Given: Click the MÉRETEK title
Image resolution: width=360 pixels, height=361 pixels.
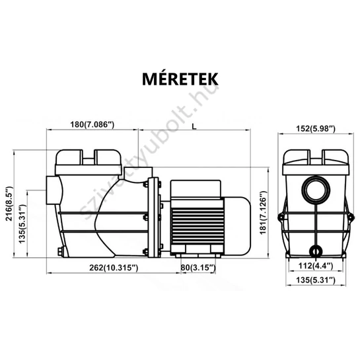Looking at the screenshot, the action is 180,79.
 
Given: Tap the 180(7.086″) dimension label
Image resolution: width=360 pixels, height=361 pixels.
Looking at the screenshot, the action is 92,124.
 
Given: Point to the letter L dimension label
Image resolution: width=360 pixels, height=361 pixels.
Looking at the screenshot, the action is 194,126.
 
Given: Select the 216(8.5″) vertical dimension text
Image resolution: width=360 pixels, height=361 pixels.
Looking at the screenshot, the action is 9,204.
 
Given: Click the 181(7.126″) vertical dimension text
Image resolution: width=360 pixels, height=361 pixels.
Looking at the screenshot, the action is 263,212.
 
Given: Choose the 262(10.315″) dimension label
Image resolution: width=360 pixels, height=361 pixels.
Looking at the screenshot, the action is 114,268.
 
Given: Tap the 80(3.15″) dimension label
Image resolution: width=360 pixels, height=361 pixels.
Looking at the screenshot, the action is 198,268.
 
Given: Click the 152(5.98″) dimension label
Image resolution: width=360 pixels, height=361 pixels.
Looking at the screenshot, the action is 316,129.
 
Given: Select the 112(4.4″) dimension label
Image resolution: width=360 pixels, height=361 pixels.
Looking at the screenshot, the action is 316,266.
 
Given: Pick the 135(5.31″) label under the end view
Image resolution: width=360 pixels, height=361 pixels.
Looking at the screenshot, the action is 316,280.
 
